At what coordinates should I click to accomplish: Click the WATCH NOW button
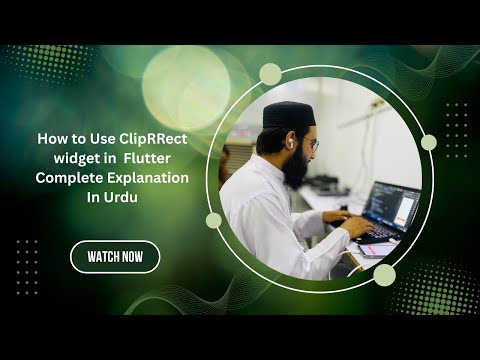pyautogui.click(x=115, y=257)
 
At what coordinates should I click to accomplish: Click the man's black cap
pyautogui.click(x=289, y=115)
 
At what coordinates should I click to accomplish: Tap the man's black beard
pyautogui.click(x=296, y=167)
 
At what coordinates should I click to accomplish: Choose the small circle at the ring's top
pyautogui.click(x=270, y=74)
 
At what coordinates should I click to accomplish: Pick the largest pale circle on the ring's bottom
pyautogui.click(x=384, y=275)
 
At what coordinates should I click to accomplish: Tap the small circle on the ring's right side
pyautogui.click(x=428, y=142)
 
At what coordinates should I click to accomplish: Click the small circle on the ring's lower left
pyautogui.click(x=214, y=220)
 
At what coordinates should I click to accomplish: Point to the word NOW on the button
pyautogui.click(x=141, y=257)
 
